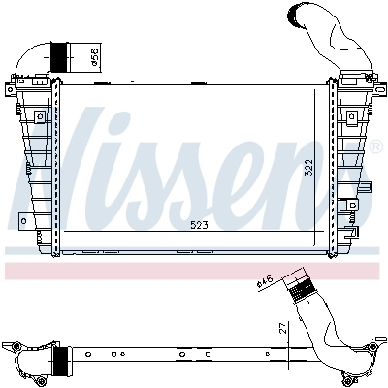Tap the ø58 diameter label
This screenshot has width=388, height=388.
coord(93,58)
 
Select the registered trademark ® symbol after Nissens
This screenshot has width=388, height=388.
coord(375,148)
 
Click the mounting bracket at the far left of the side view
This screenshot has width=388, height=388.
coord(14,346)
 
